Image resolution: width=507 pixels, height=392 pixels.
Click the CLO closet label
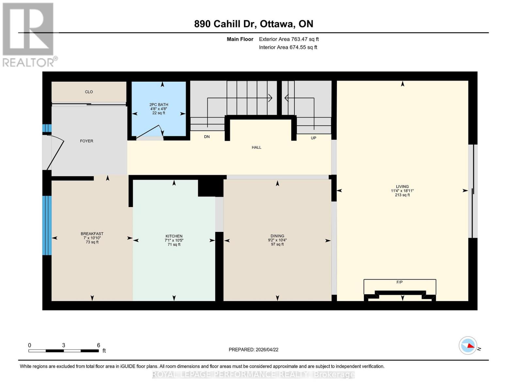(89, 92)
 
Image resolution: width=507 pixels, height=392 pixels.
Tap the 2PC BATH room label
(159, 105)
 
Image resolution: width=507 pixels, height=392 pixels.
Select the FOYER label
(87, 141)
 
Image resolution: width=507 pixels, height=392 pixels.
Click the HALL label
(256, 147)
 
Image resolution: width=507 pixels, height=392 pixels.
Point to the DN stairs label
(207, 137)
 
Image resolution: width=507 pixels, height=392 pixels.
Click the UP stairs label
(313, 138)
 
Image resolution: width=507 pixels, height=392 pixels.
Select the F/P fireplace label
(399, 282)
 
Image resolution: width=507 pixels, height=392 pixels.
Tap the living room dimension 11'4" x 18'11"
(402, 191)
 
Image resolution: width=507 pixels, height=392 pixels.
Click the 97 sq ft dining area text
(277, 244)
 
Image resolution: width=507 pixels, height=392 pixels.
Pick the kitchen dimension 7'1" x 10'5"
(174, 240)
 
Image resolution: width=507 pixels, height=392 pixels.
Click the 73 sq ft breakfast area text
(92, 242)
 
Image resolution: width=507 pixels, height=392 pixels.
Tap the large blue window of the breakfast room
(47, 225)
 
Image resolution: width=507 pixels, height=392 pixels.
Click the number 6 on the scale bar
(98, 345)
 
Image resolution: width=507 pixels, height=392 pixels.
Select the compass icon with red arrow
(468, 345)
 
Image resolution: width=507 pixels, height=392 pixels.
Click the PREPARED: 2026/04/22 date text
(253, 350)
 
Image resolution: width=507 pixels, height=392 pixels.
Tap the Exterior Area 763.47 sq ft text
(289, 39)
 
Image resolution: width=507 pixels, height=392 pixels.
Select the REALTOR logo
(29, 34)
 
